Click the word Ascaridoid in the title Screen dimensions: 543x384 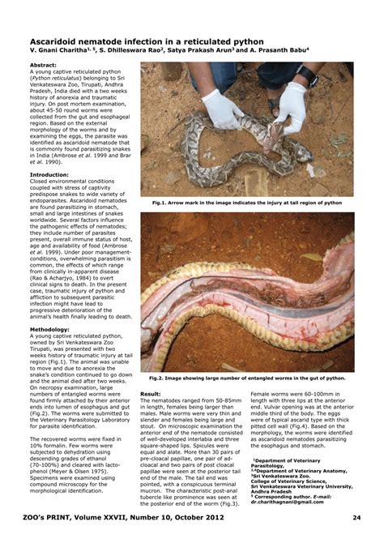pos(58,38)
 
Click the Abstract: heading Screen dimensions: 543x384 pos(44,65)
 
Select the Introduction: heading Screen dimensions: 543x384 pos(49,174)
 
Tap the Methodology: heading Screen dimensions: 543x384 pos(49,329)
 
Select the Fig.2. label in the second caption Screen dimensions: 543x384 pos(161,378)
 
